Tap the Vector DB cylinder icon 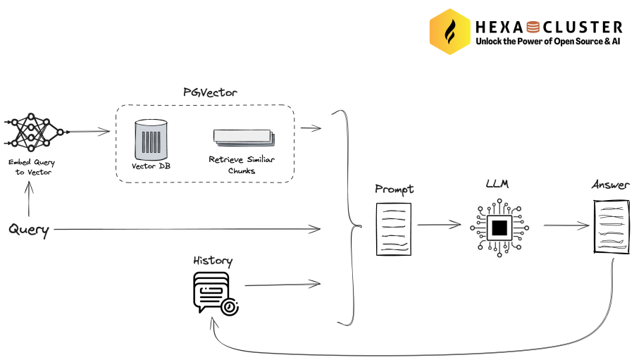(151, 138)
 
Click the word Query (28, 230)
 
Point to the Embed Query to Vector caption (31, 167)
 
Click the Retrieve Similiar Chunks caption (242, 165)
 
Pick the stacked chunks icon (242, 138)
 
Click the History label (213, 261)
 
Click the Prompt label (394, 189)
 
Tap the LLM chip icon (499, 227)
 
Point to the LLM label (497, 185)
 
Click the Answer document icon (609, 225)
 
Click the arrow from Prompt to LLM (440, 225)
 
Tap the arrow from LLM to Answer (566, 225)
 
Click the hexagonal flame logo (450, 31)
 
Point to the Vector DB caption (151, 167)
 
